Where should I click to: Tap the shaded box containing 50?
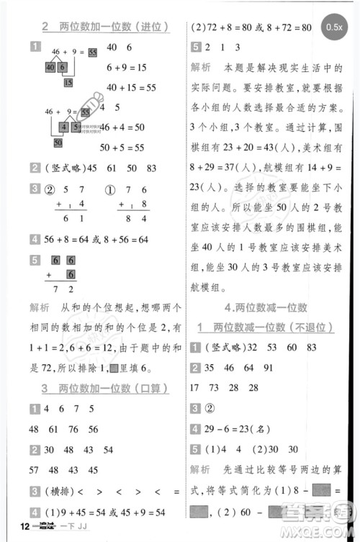(x=57, y=143)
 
